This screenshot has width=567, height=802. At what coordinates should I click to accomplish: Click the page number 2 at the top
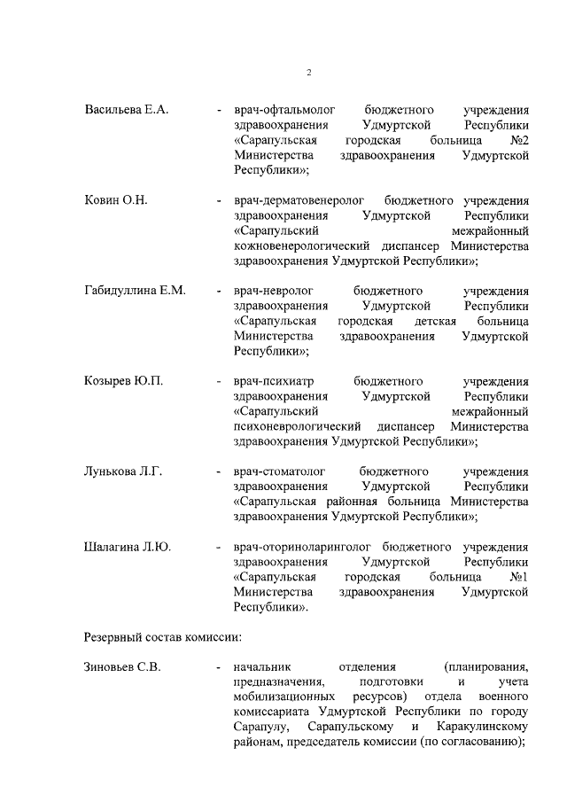point(309,73)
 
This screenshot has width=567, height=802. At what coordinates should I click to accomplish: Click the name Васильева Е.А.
point(126,110)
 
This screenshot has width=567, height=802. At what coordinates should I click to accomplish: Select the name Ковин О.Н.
point(115,201)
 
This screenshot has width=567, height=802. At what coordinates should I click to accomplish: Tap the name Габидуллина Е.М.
point(135,292)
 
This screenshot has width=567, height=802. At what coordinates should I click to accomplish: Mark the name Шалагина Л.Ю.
point(127,547)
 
